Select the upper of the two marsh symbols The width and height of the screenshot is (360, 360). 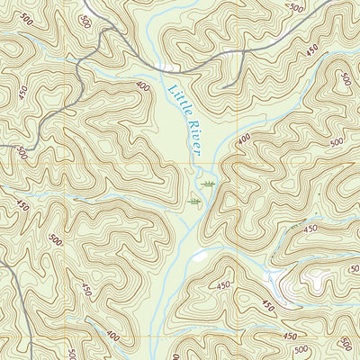coord(209,183)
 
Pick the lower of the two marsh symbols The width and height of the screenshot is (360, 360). coord(194,203)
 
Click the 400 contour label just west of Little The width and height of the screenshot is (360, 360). coord(143,87)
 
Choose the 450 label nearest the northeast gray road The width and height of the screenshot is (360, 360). coord(311,51)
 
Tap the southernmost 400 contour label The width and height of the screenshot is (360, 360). coord(112,335)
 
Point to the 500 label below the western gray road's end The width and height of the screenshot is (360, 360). coord(22,155)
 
